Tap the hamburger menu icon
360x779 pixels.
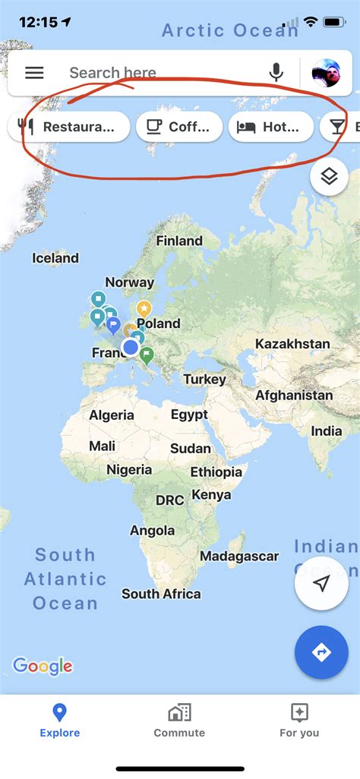[x=34, y=73]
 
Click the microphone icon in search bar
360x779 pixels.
[x=276, y=73]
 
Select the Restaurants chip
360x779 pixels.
[x=69, y=127]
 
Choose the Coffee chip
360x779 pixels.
[x=179, y=127]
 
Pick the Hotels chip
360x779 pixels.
[x=270, y=127]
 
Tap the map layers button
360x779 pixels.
[x=329, y=177]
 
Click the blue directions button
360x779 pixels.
[x=321, y=652]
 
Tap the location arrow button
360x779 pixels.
[x=321, y=583]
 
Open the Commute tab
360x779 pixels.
[x=179, y=721]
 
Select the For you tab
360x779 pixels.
[x=299, y=721]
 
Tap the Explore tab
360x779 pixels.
[x=59, y=721]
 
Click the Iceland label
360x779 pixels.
[x=55, y=258]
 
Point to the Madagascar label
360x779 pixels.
[x=239, y=557]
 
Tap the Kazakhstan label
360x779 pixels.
[x=292, y=344]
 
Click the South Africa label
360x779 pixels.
[x=161, y=594]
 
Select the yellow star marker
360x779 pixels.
[x=144, y=308]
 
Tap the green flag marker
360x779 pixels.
[x=147, y=354]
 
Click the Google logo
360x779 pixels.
[x=43, y=667]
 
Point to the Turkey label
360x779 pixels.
[x=204, y=379]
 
